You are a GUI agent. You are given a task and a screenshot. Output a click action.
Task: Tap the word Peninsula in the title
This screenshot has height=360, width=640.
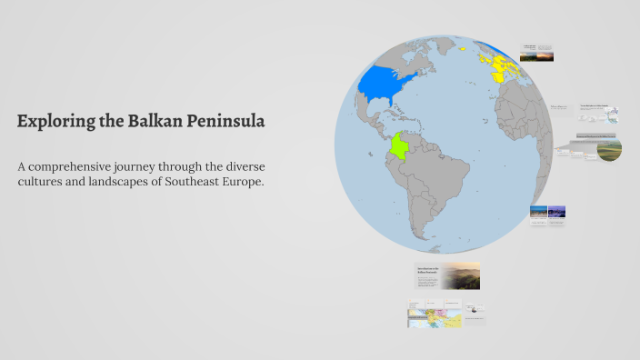point(225,121)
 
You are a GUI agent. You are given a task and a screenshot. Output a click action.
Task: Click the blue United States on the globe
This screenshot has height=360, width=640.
point(387,85)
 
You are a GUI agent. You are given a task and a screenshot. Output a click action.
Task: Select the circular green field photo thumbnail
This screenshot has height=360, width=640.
point(609,149)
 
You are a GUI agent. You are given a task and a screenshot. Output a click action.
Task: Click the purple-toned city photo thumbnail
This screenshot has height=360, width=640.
point(557,212)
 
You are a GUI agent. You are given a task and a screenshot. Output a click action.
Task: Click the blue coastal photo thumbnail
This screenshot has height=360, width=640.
point(539,212)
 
